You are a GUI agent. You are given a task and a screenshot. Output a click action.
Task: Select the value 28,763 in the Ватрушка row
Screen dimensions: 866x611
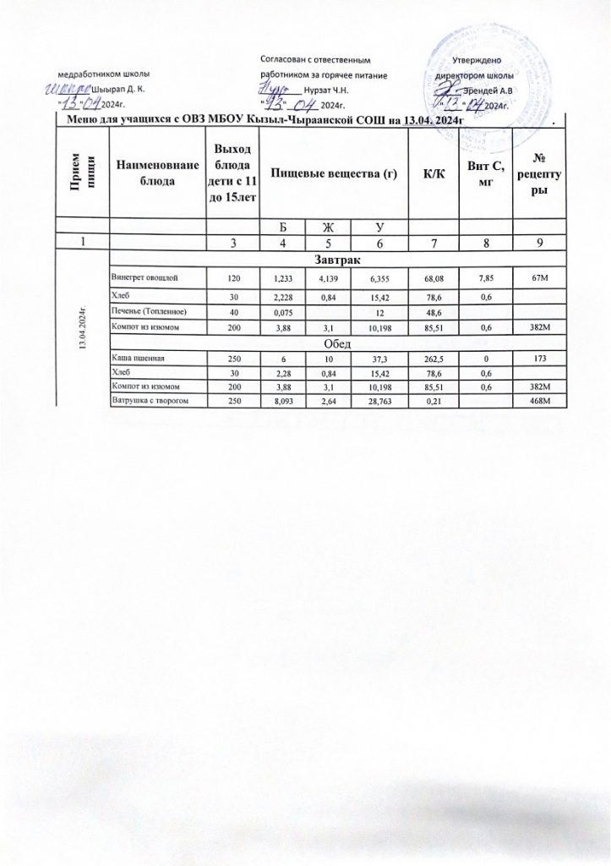(x=377, y=399)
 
